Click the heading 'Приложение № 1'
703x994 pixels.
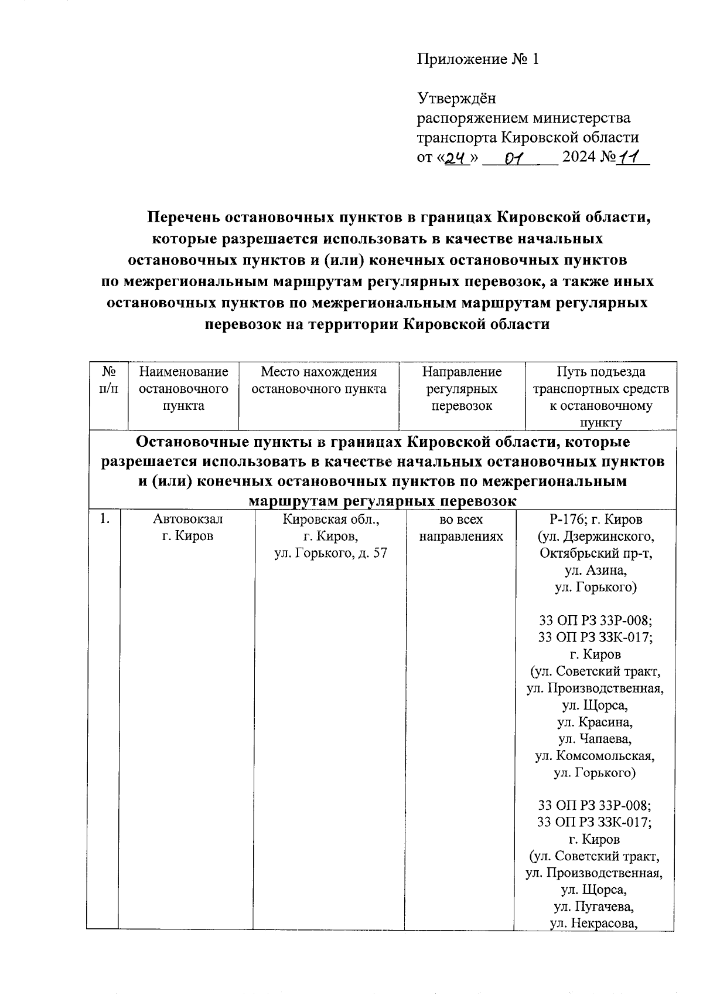[477, 59]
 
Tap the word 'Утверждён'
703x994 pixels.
[456, 99]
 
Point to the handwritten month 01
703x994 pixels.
[514, 158]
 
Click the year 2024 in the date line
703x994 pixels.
[580, 157]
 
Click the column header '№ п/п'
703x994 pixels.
[108, 380]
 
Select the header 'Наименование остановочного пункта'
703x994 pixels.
[183, 388]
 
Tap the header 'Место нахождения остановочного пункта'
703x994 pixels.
[319, 380]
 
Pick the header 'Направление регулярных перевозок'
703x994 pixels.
[462, 388]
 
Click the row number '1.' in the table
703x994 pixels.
[104, 519]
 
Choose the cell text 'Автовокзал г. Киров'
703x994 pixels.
[187, 527]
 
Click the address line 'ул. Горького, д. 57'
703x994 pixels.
[330, 553]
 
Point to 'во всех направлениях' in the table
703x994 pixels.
[461, 527]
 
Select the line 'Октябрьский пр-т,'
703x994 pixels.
[595, 553]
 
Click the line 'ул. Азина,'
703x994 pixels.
[595, 570]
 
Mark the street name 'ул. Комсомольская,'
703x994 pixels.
[595, 756]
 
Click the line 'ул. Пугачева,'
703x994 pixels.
[594, 907]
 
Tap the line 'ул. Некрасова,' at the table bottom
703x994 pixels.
[594, 924]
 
